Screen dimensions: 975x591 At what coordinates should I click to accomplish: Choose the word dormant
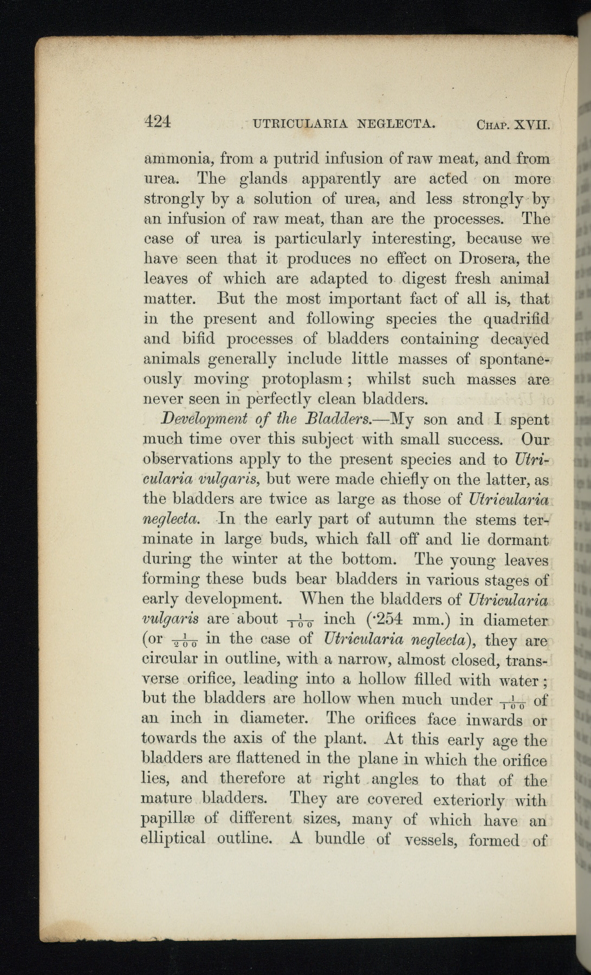(x=517, y=539)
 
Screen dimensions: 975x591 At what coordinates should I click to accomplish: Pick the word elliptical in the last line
(x=173, y=839)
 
